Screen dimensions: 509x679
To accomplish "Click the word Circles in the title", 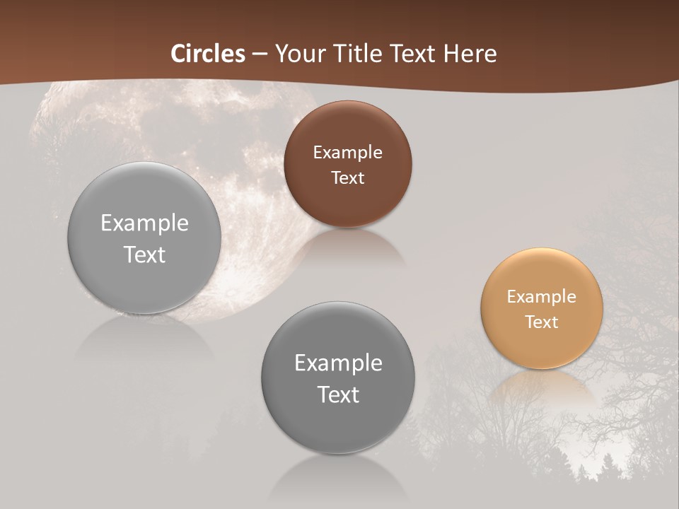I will coord(208,54).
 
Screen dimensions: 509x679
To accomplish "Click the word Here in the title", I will coord(471,54).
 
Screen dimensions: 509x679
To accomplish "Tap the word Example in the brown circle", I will coord(347,152).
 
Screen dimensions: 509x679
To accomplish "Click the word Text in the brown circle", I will coord(347,177).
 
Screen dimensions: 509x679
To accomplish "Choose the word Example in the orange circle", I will coord(541,296).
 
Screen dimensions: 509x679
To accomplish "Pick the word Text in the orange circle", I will coord(541,322).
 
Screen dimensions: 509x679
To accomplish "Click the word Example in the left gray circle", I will coord(144,223).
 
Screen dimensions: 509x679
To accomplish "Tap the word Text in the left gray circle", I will coord(144,255).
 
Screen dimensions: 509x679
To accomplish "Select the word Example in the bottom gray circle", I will coord(338,363).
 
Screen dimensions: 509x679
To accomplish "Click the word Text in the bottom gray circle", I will coord(338,394).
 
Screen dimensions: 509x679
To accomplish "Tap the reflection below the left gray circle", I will coord(144,336).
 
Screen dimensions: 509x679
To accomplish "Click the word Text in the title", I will coord(416,54).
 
